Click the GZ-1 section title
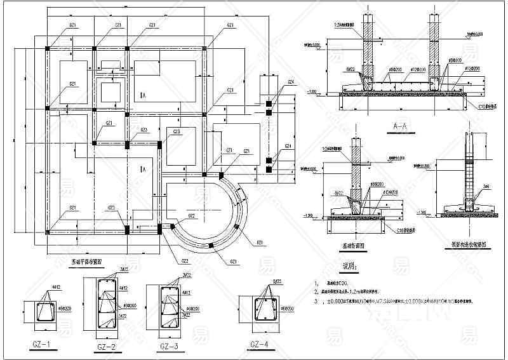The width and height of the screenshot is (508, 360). [x=40, y=345]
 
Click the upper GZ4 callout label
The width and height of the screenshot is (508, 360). [x=290, y=82]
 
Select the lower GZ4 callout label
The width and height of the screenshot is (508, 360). [x=288, y=146]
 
